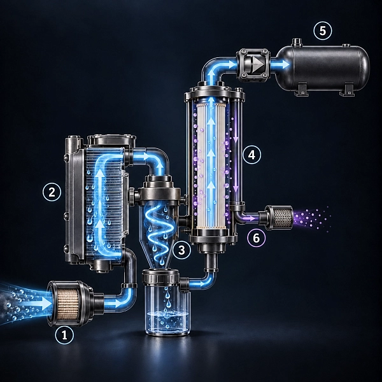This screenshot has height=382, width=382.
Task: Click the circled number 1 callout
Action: coord(64,336)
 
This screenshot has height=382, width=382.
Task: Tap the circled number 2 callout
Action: coord(52,192)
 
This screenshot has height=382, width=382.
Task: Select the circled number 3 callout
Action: coord(181,250)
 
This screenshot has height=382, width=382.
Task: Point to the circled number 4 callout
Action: coord(251,155)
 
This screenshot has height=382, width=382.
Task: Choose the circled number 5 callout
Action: coord(323,31)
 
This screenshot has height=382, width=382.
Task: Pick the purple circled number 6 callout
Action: coord(257,237)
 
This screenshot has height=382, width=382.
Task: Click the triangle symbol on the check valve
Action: coord(258,64)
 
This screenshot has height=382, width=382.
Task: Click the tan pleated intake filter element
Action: coord(67,303)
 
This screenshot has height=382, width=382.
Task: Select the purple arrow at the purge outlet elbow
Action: coord(249,218)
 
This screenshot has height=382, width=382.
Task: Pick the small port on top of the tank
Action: coord(297,42)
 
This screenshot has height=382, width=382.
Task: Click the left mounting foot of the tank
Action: coord(301,89)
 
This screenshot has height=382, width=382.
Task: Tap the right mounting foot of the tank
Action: coord(347,89)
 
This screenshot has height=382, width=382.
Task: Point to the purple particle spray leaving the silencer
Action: coord(312,218)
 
